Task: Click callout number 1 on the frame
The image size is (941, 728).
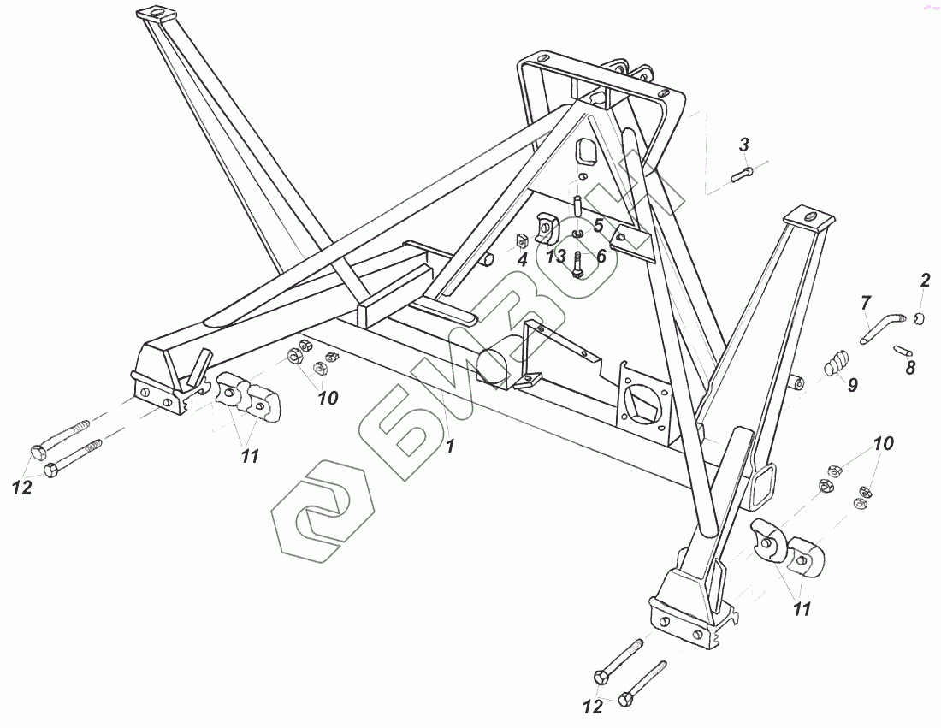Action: point(451,444)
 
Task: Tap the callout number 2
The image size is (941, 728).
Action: point(925,281)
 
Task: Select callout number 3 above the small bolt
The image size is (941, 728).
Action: point(744,143)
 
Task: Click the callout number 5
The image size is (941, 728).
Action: point(599,225)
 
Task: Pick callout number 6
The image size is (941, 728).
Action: point(601,255)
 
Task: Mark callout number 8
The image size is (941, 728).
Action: point(910,369)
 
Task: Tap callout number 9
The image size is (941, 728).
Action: point(853,386)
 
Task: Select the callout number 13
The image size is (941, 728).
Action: point(557,256)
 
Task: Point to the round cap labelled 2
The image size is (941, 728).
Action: point(920,319)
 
